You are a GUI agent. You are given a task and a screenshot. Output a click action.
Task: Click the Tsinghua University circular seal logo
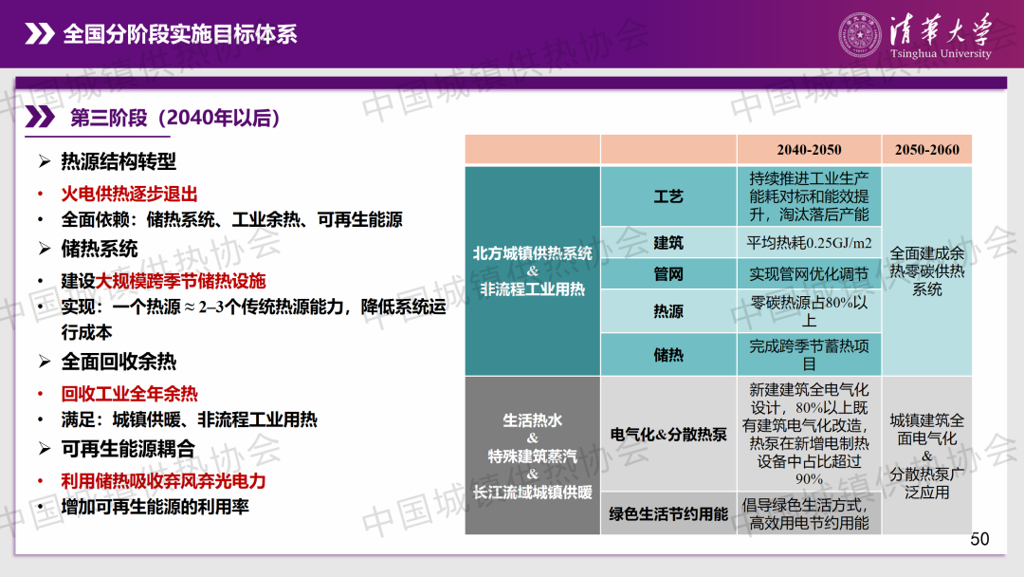tap(859, 34)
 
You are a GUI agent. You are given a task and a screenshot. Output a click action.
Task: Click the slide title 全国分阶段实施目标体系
tap(179, 34)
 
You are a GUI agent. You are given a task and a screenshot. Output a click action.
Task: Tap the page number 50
tap(979, 539)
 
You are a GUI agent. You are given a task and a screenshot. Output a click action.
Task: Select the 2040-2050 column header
tap(809, 150)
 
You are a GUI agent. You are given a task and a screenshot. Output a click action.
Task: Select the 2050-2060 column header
tap(926, 150)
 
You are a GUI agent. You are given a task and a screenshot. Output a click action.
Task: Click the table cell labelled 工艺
tap(668, 196)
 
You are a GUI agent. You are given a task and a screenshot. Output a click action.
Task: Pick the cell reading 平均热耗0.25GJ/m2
tap(809, 243)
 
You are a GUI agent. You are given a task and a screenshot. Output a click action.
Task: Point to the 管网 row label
tap(668, 274)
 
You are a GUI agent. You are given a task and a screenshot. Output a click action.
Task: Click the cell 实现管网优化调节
tap(809, 274)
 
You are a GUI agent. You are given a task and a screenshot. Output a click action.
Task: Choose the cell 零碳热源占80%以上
tap(809, 311)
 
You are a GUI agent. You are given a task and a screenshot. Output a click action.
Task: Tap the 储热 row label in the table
tap(668, 354)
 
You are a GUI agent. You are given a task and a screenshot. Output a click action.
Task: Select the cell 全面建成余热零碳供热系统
tap(926, 271)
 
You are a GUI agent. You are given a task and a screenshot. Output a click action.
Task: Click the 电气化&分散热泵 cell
tap(668, 434)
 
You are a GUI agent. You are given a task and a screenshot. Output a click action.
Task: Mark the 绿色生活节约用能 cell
tap(668, 513)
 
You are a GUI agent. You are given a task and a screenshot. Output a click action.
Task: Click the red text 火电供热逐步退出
tap(129, 195)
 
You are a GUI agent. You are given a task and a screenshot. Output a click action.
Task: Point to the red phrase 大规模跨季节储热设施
tap(180, 281)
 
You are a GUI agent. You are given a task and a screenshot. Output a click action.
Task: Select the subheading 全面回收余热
tap(119, 362)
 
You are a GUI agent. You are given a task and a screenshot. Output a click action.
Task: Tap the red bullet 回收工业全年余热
tap(129, 394)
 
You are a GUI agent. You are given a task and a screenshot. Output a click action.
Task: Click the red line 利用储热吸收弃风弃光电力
tap(163, 481)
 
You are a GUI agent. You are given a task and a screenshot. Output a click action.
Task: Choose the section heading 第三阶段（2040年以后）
tap(175, 118)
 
